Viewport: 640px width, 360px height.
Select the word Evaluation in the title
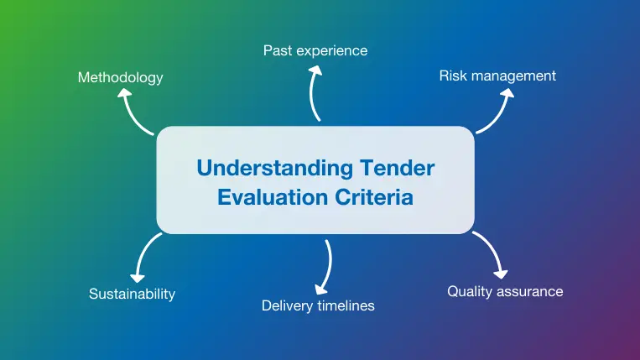[x=273, y=198]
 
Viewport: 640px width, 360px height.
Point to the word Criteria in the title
[x=375, y=198]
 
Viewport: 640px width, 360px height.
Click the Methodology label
[x=120, y=77]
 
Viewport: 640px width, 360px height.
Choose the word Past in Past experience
[x=278, y=50]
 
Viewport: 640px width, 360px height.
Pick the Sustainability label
[x=132, y=294]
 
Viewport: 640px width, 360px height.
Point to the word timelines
[x=346, y=305]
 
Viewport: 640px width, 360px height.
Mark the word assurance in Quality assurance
[x=533, y=292]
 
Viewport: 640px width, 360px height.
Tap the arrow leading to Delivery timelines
[x=324, y=267]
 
